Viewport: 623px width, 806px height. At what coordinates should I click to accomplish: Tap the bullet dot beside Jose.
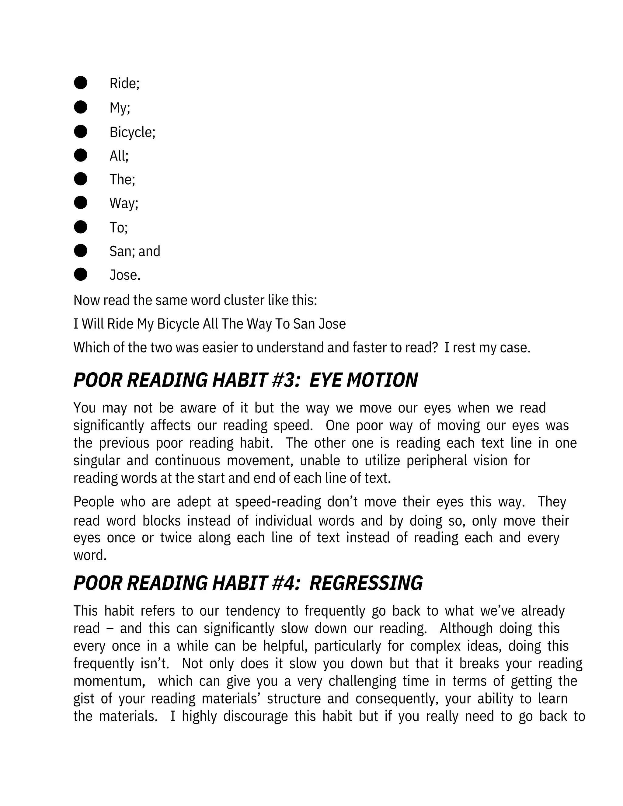[x=80, y=275]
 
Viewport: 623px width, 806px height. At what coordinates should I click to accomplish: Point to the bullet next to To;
[x=80, y=227]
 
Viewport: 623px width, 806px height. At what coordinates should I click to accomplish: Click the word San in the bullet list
[x=118, y=251]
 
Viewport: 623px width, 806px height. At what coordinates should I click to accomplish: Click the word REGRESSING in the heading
[x=366, y=583]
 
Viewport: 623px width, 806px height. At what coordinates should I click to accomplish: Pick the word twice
[x=176, y=538]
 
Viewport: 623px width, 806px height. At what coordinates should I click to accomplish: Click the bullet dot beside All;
[x=80, y=155]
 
